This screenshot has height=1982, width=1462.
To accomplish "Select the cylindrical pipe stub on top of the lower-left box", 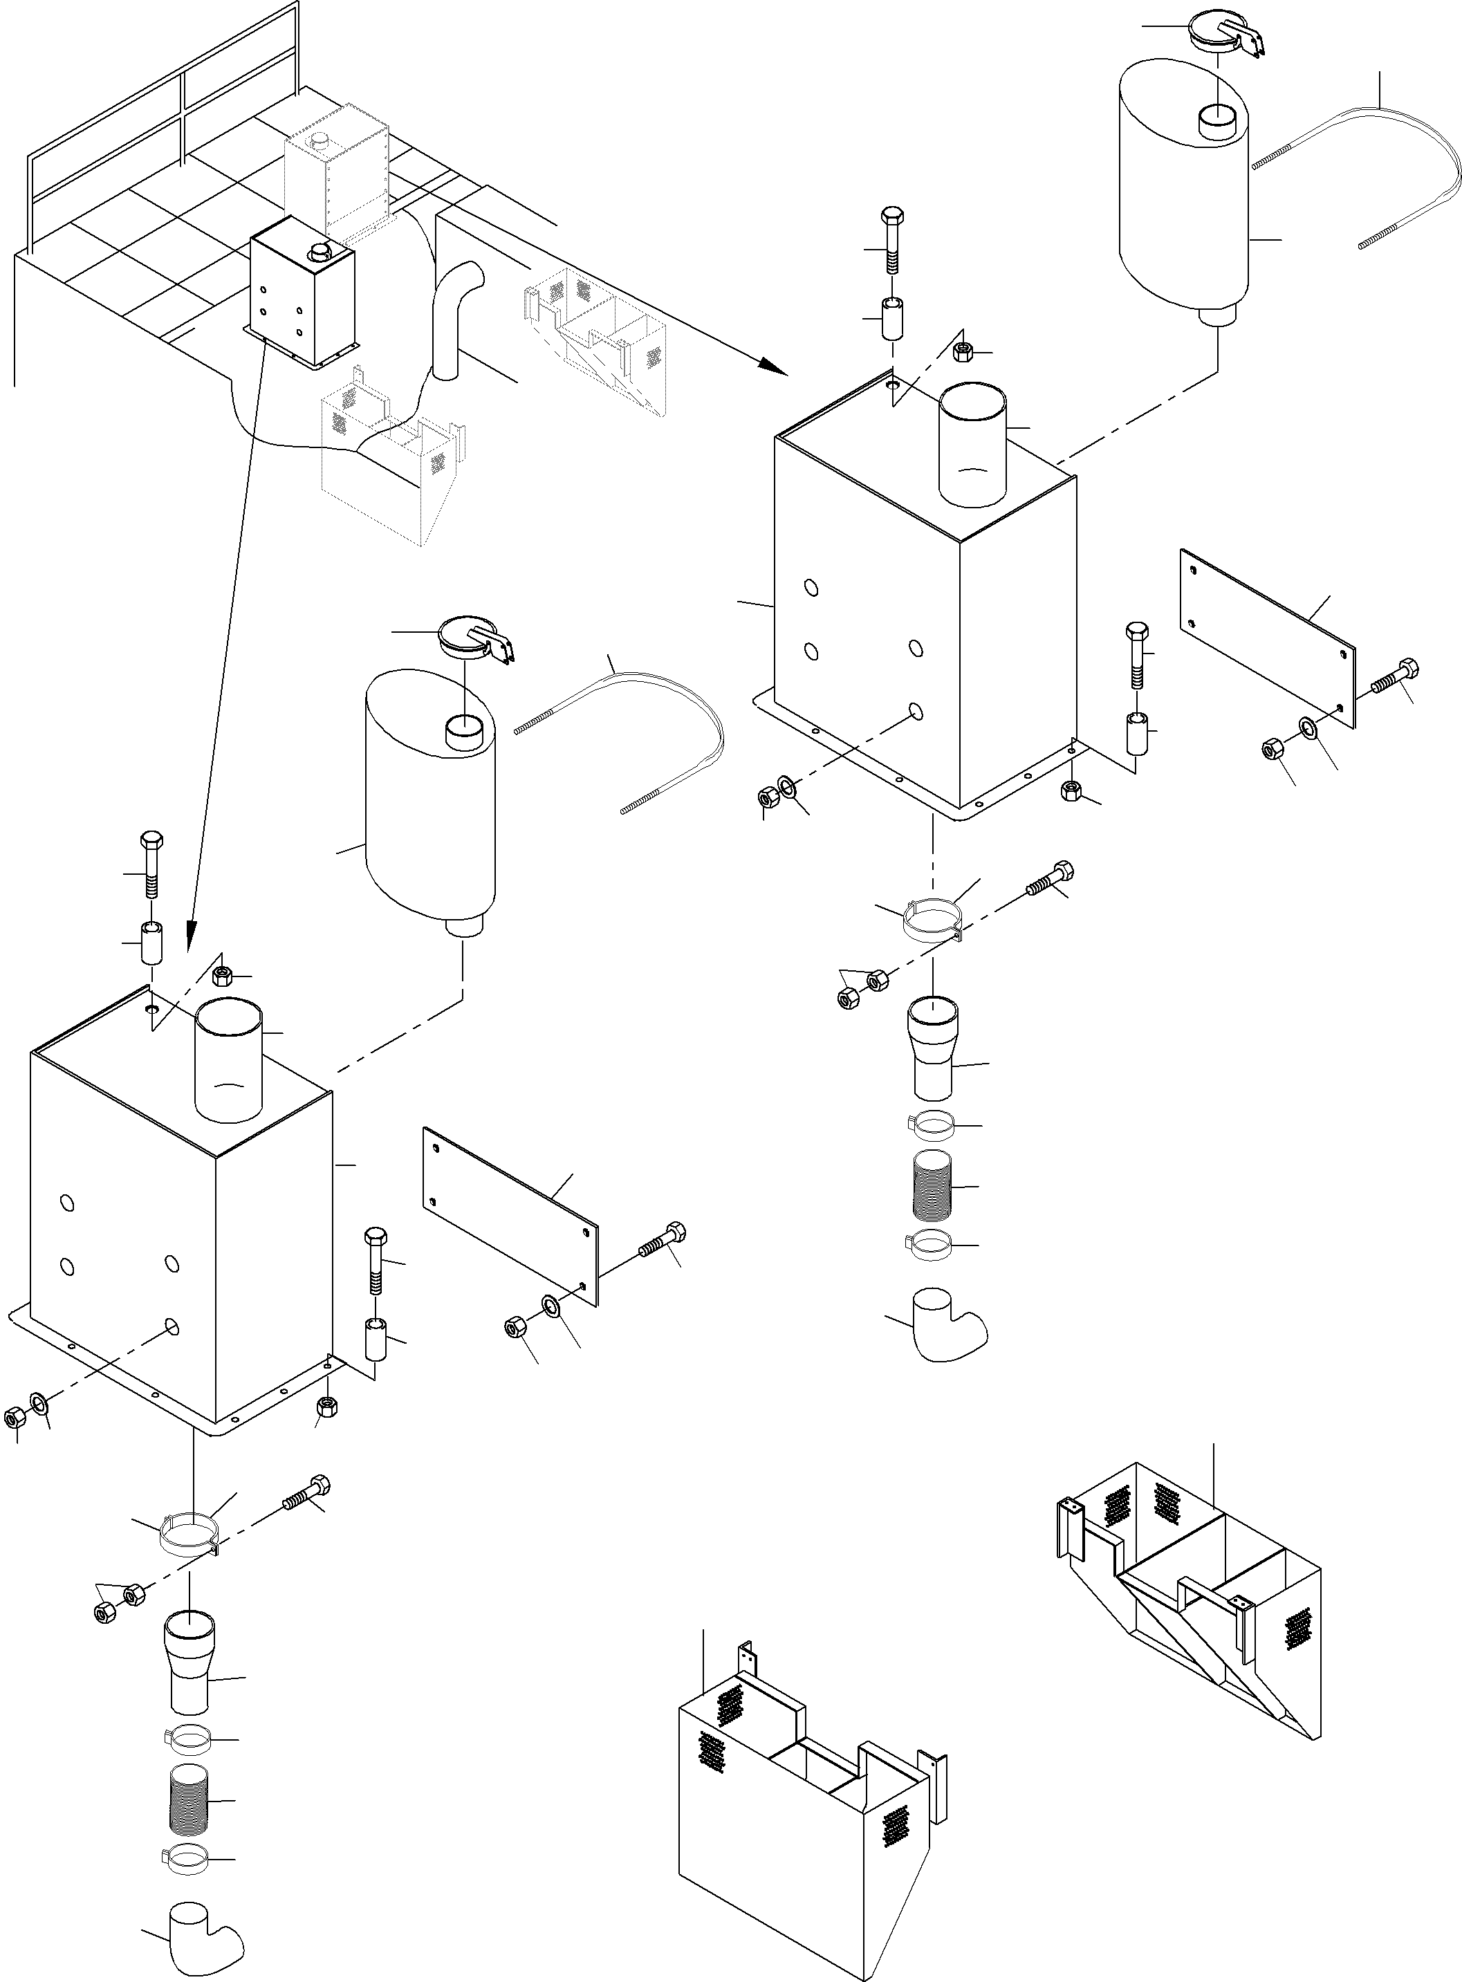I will click(x=228, y=1058).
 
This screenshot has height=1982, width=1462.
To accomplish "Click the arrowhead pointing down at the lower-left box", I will click(x=190, y=932).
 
